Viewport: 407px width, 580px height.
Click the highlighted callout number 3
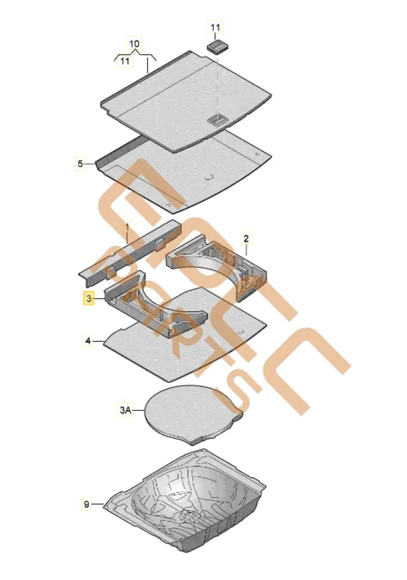(88, 298)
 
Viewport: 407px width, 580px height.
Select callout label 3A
(125, 411)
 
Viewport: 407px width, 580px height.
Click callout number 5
(80, 163)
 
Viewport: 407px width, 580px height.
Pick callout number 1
(128, 224)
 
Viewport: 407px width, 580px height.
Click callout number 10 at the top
(134, 43)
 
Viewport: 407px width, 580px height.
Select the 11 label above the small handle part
(215, 27)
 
